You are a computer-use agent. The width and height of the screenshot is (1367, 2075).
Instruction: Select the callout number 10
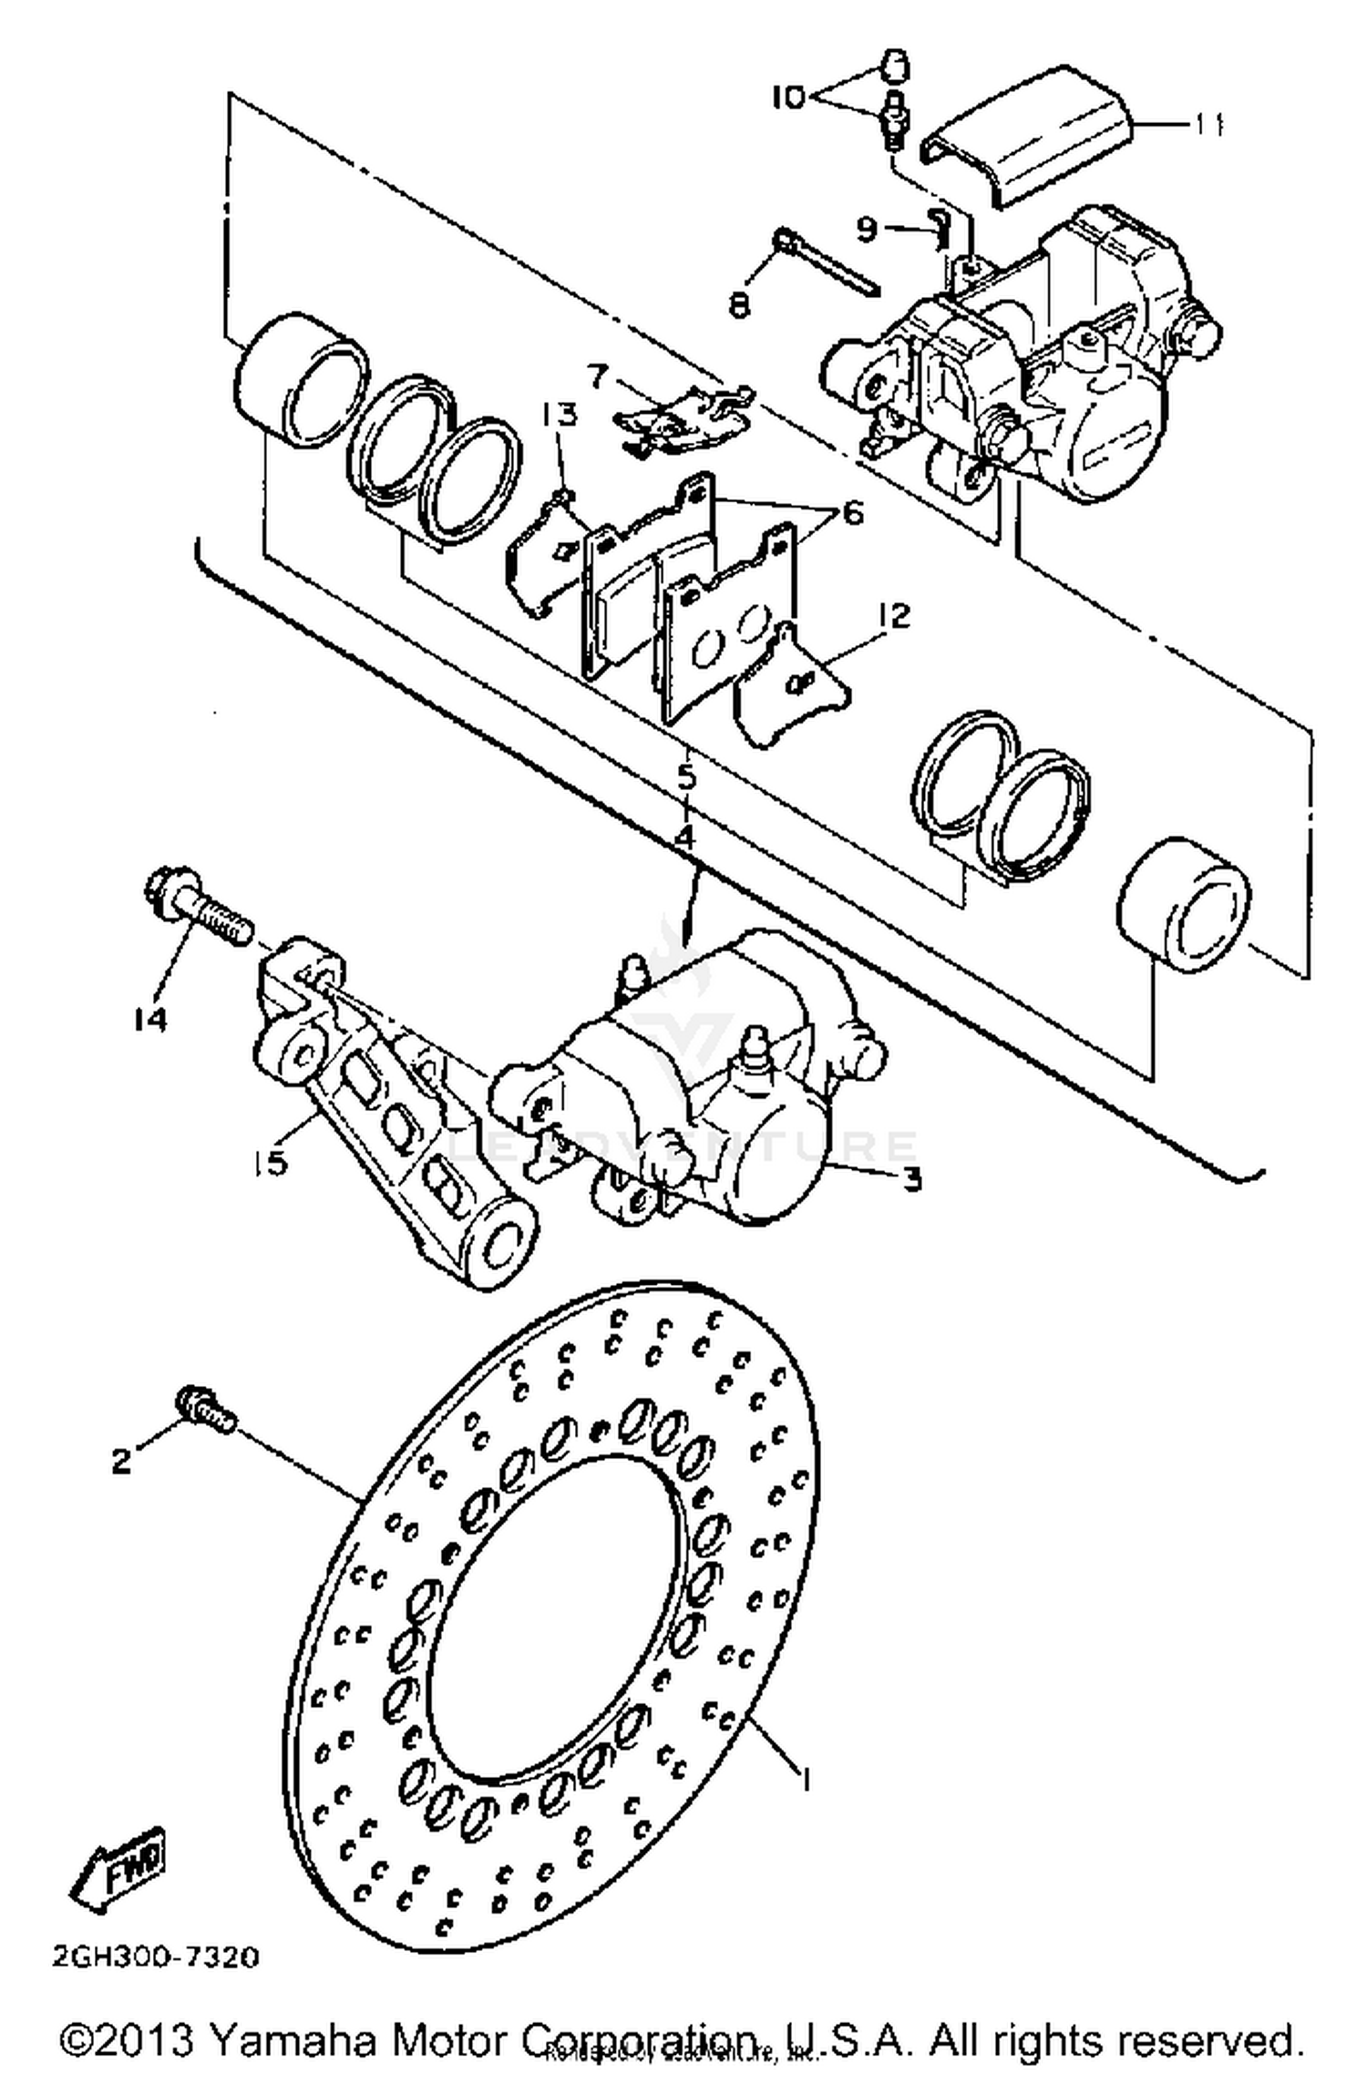[789, 97]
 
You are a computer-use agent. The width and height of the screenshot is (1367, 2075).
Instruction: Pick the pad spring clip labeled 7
[683, 417]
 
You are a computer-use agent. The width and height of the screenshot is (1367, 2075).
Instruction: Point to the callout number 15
[271, 1163]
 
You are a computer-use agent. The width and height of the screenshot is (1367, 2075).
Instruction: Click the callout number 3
[912, 1179]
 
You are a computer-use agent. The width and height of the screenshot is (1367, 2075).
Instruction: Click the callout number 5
[685, 776]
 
